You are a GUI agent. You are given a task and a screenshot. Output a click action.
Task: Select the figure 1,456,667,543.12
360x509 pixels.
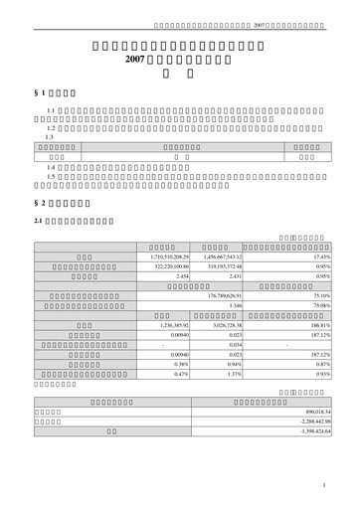click(229, 257)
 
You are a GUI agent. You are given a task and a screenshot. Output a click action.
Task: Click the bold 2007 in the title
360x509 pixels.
click(136, 61)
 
